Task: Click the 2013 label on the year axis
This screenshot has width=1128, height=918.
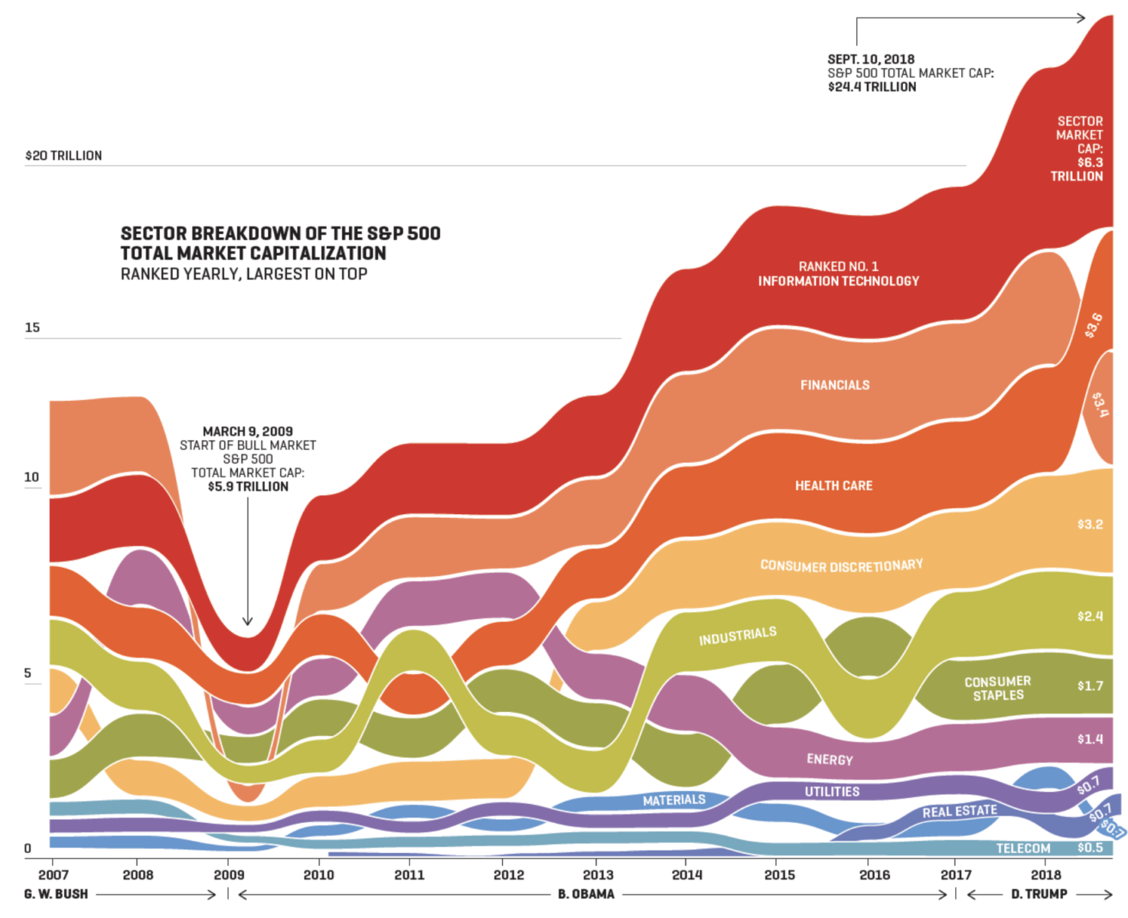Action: click(598, 874)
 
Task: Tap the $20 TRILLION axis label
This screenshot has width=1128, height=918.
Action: click(64, 155)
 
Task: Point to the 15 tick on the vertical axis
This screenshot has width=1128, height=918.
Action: click(32, 327)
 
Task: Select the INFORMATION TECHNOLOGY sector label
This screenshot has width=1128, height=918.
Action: click(838, 281)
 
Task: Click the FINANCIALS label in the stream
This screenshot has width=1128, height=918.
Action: click(835, 385)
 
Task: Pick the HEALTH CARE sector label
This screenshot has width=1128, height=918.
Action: click(833, 486)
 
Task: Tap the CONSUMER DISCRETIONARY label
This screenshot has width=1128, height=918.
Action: click(841, 565)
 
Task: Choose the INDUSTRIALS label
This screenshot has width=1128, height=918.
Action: click(738, 635)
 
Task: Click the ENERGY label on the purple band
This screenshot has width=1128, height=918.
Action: click(830, 759)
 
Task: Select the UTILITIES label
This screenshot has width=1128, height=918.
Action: click(832, 792)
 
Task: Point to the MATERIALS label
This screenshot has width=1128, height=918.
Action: click(673, 800)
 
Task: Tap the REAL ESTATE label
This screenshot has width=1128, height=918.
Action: click(960, 811)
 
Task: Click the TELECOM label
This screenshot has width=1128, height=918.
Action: click(1023, 848)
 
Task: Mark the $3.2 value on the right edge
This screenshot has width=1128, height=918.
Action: click(1090, 524)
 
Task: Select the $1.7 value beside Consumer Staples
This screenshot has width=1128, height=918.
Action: click(1090, 685)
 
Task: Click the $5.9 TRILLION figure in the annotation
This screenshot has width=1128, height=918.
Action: click(248, 487)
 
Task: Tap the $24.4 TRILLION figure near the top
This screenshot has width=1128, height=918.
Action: click(872, 87)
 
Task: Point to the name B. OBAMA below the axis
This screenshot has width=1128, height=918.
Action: click(585, 894)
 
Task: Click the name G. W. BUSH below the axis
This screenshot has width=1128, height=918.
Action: click(56, 894)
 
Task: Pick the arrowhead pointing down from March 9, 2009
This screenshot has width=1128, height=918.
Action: click(247, 621)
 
